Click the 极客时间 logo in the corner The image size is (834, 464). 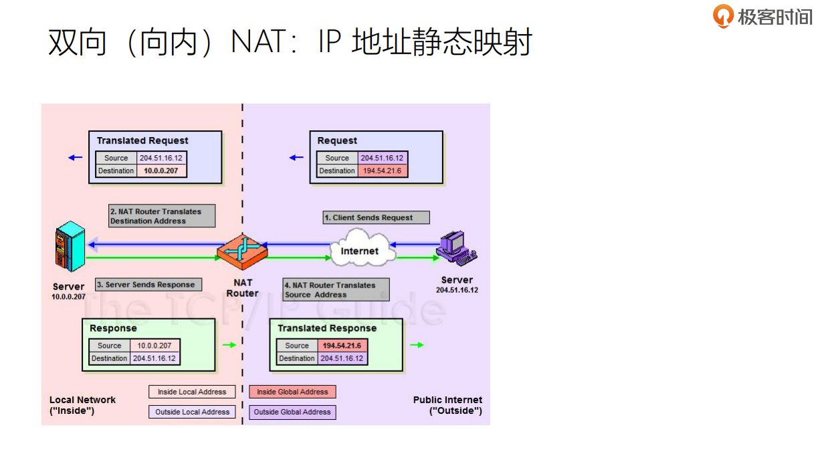(x=762, y=16)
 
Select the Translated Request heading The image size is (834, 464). (x=142, y=140)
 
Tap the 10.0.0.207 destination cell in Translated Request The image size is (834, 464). (x=162, y=170)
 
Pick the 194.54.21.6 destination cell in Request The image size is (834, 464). (x=383, y=170)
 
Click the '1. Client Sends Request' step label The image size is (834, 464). (x=376, y=217)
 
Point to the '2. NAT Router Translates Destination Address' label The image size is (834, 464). (x=162, y=216)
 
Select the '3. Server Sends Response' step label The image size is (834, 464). (x=148, y=284)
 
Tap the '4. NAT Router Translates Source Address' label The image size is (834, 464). (x=336, y=289)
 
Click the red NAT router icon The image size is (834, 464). (x=242, y=251)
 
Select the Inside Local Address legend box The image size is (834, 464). (x=192, y=392)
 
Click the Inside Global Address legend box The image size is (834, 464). (x=292, y=392)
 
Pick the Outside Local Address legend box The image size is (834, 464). (x=192, y=412)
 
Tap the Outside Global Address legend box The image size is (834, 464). (x=292, y=412)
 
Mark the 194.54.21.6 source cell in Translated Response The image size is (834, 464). (x=342, y=346)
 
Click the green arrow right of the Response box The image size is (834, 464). (x=229, y=345)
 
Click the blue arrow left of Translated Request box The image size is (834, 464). (x=75, y=158)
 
